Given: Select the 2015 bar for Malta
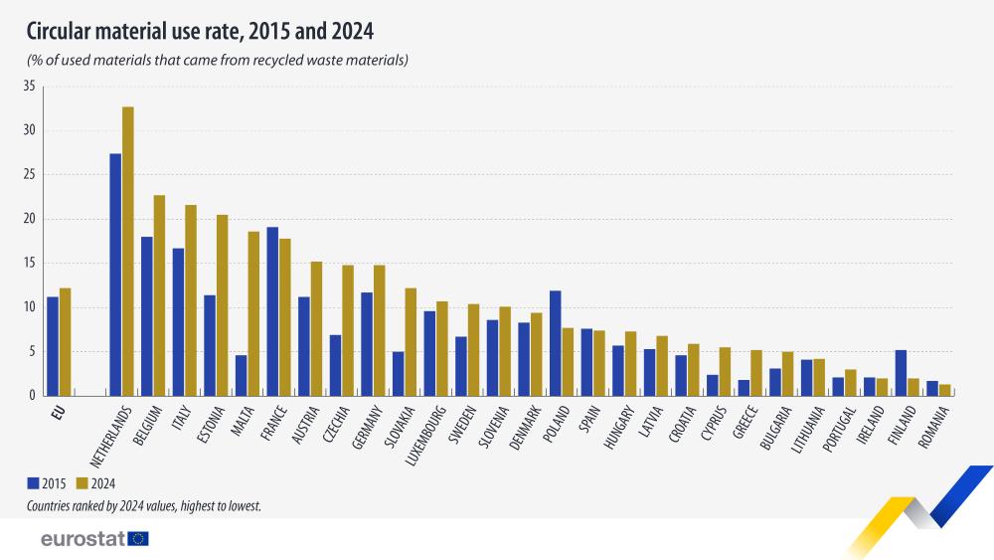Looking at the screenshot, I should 241,375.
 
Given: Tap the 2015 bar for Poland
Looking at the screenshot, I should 555,343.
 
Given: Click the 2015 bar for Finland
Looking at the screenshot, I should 901,373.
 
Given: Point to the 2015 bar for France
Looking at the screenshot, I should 272,311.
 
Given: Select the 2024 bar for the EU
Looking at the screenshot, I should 65,342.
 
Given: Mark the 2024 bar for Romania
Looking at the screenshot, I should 944,390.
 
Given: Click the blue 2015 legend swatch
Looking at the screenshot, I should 33,483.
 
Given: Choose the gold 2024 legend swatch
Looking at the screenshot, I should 83,483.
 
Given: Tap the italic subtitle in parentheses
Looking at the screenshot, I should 218,61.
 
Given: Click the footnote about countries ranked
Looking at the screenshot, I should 144,506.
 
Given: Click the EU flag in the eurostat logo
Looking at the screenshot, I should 138,538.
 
